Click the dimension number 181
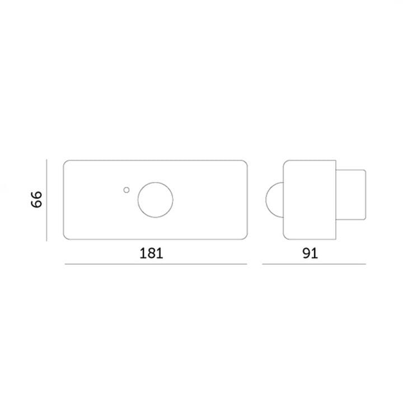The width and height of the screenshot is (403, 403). click(151, 253)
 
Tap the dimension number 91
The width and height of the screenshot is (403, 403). click(310, 253)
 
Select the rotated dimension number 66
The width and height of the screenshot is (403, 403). click(36, 199)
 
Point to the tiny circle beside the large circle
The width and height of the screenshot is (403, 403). click(126, 190)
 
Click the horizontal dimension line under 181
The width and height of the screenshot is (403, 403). click(156, 264)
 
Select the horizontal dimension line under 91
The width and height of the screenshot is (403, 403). click(314, 264)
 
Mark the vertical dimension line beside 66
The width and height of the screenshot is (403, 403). click(46, 200)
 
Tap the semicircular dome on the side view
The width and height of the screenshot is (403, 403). click(266, 200)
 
